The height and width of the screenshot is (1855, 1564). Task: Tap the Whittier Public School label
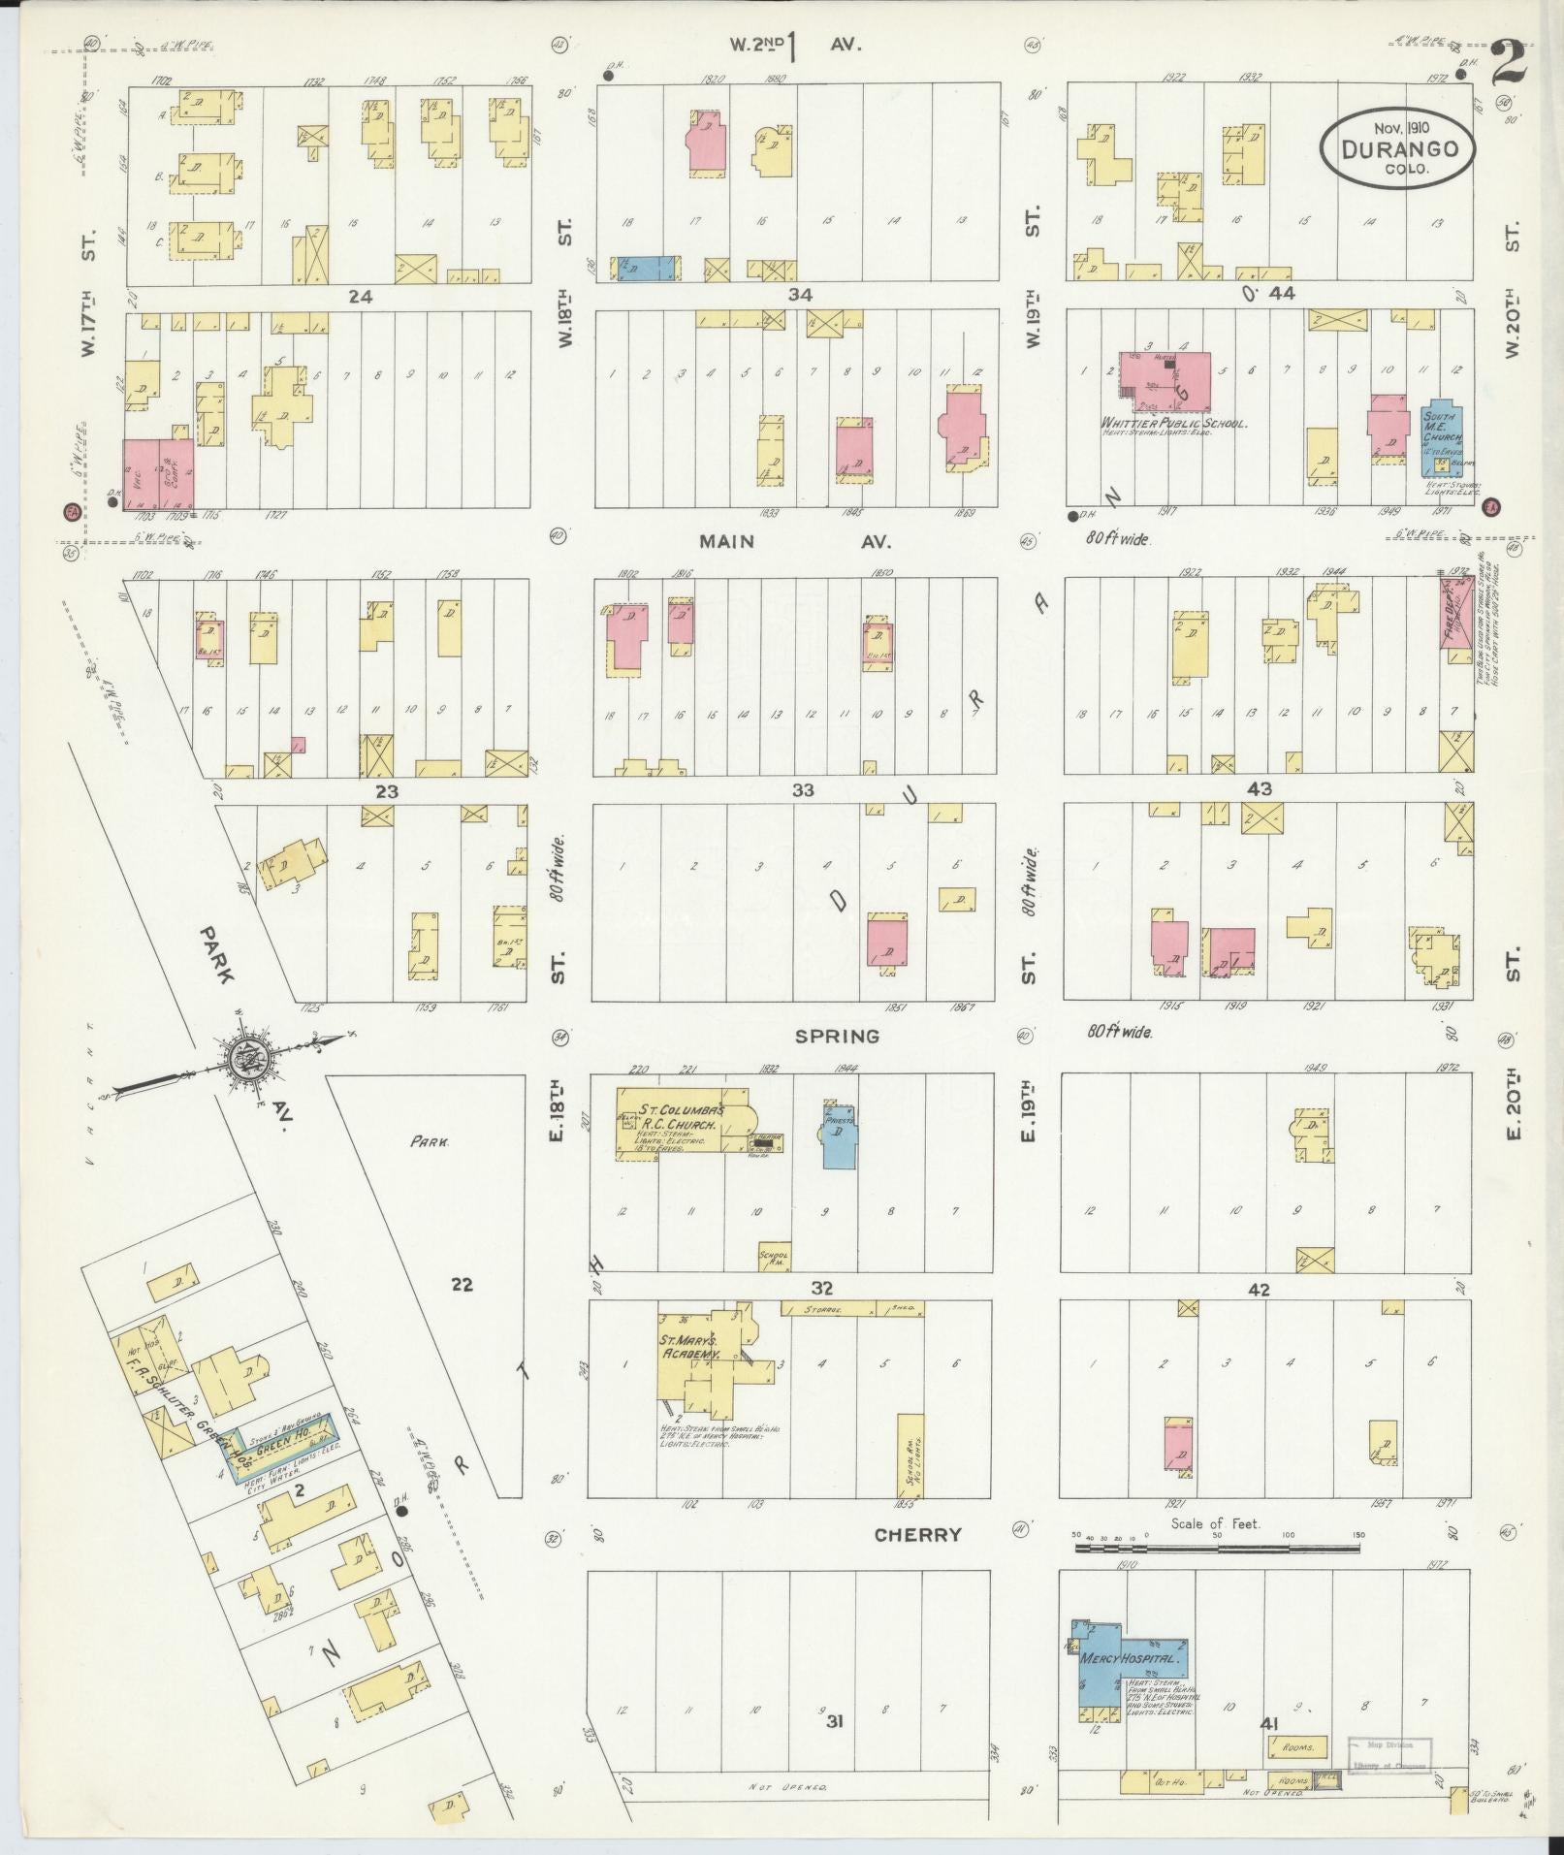pyautogui.click(x=1172, y=424)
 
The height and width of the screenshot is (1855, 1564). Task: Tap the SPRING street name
pyautogui.click(x=836, y=1036)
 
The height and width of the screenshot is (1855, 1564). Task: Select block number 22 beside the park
pyautogui.click(x=462, y=1285)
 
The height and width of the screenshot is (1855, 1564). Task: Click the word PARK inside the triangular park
pyautogui.click(x=429, y=1142)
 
